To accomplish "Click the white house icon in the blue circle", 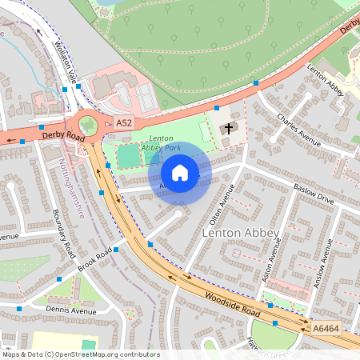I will [180, 173].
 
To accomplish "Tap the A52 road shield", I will [123, 122].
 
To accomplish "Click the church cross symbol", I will [230, 128].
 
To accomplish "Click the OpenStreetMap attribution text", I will [82, 354].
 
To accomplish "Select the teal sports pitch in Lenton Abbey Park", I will [128, 157].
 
